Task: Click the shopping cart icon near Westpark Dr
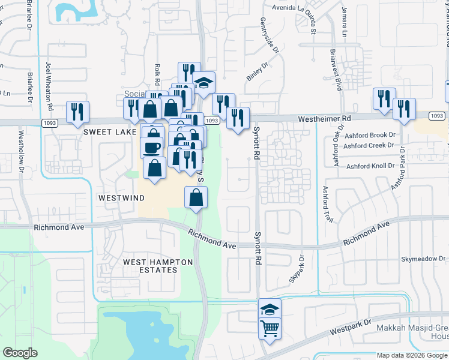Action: (270, 328)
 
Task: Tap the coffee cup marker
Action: (152, 146)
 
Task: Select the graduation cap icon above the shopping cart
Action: (270, 308)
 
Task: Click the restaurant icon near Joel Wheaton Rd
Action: (77, 112)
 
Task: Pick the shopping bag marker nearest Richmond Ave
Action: (196, 197)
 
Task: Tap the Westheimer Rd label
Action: (324, 119)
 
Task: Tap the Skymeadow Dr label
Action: (423, 259)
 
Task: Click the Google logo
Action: (20, 353)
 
